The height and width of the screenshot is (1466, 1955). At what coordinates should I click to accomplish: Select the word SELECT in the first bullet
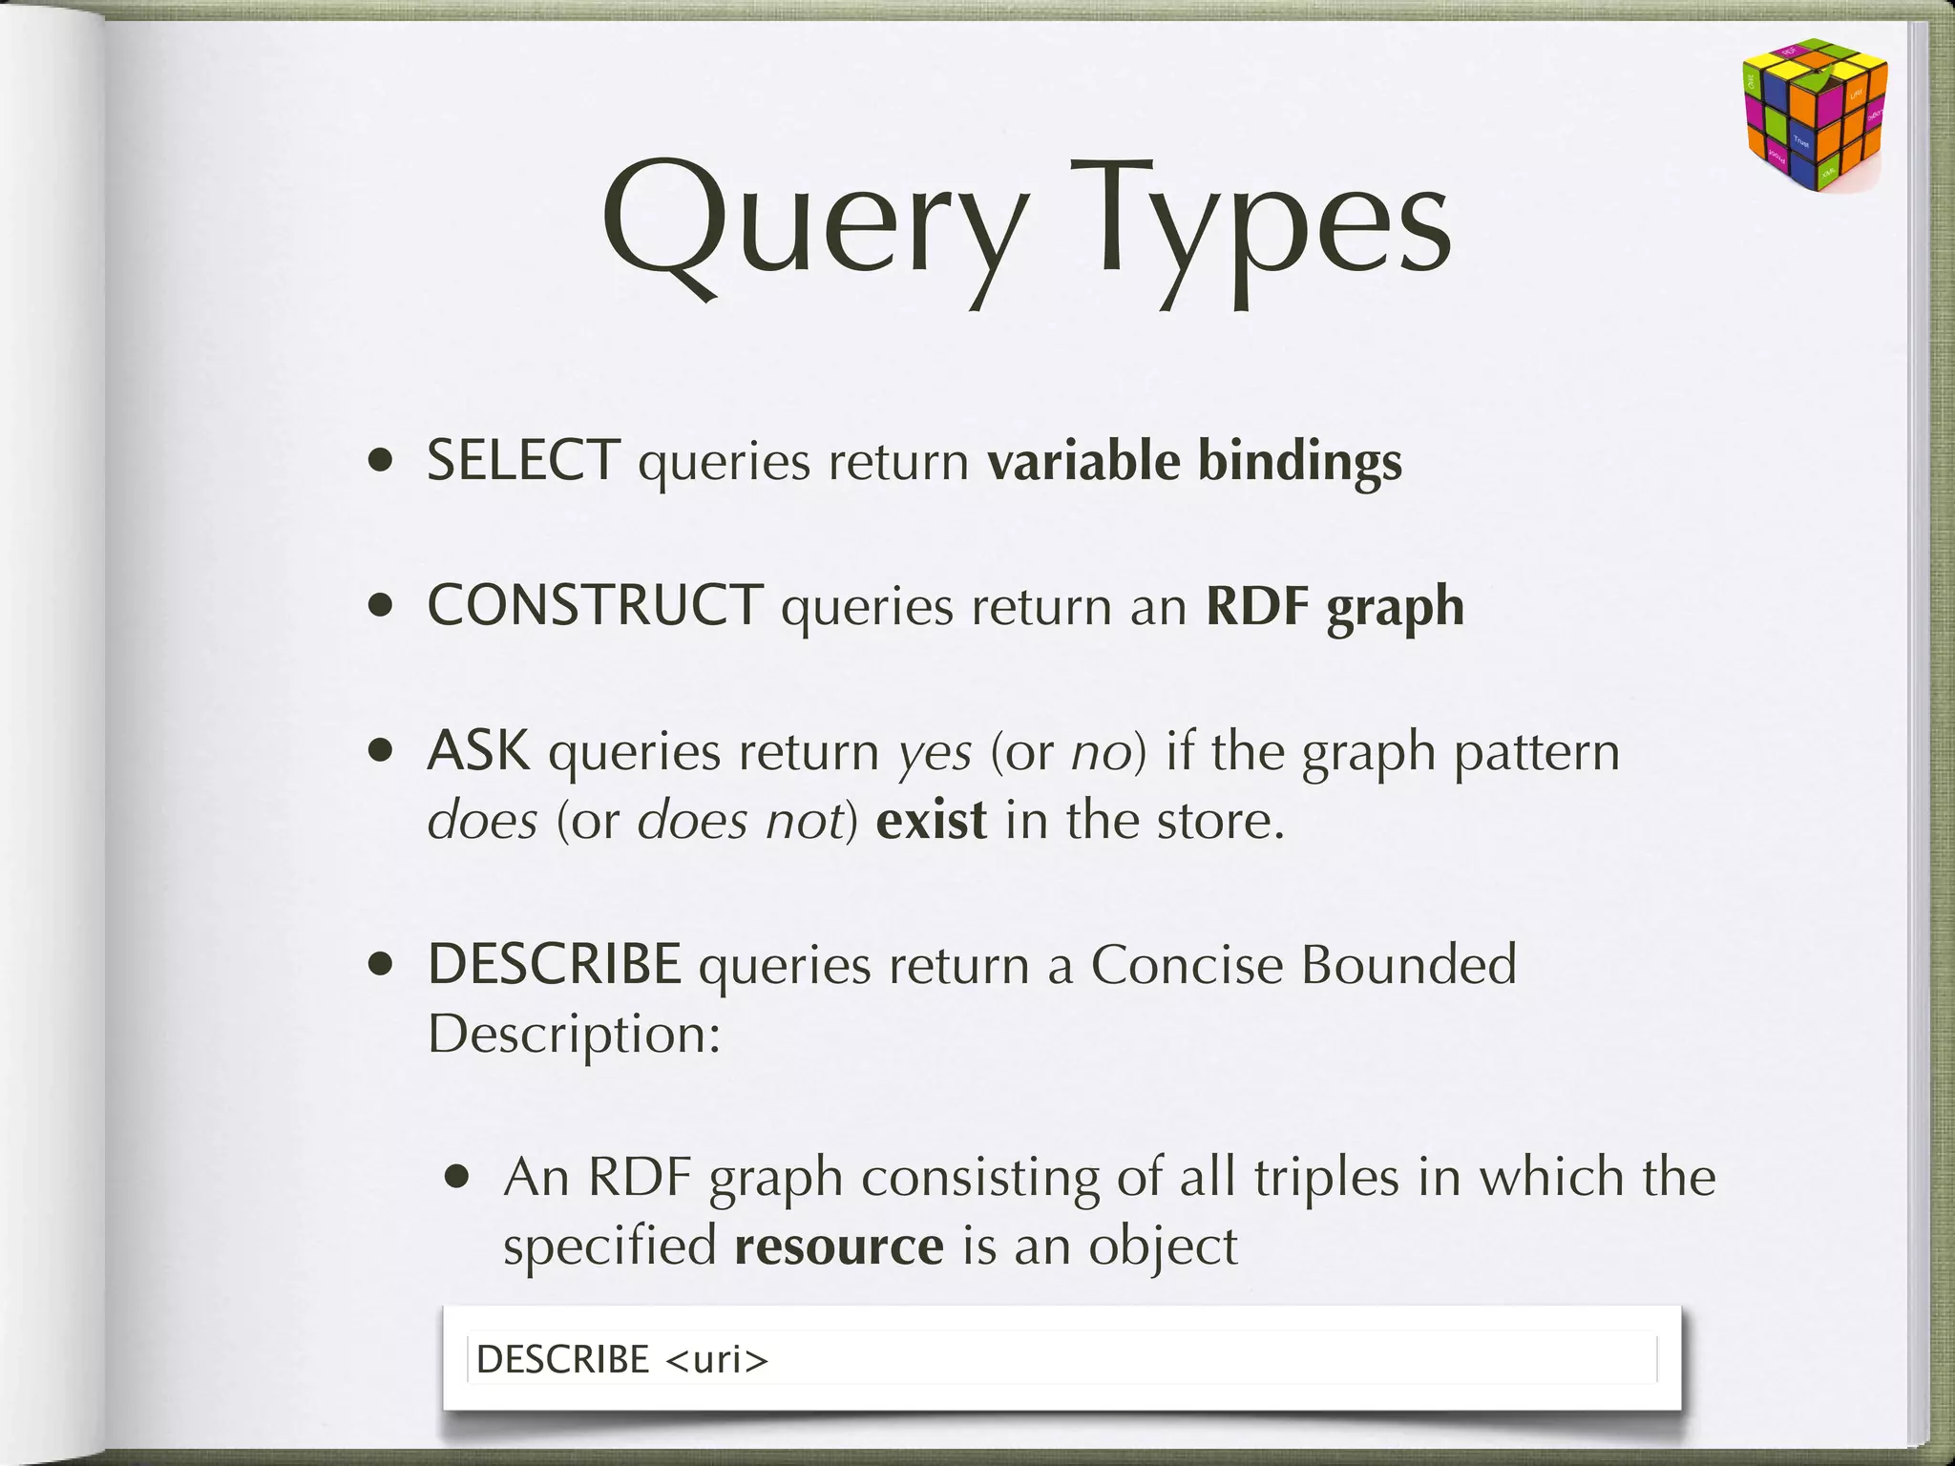(523, 460)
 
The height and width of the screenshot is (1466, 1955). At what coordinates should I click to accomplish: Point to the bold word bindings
(1299, 462)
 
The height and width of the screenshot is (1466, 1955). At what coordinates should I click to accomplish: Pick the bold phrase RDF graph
(1335, 607)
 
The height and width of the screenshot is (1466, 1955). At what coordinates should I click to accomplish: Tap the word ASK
(478, 750)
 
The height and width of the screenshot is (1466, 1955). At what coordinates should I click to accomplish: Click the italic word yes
(935, 754)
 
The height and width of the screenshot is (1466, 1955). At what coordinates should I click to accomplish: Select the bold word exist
(931, 821)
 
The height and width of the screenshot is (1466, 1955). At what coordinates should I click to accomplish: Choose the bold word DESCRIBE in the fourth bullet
(554, 964)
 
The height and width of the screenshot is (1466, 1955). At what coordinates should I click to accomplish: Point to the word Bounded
(1408, 964)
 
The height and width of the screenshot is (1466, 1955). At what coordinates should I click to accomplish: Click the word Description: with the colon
(574, 1033)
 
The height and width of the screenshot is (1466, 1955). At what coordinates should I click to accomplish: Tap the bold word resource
(839, 1246)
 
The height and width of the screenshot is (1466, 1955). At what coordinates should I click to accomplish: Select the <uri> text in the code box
(716, 1359)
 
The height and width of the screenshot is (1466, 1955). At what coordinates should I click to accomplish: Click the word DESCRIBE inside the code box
(562, 1359)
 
